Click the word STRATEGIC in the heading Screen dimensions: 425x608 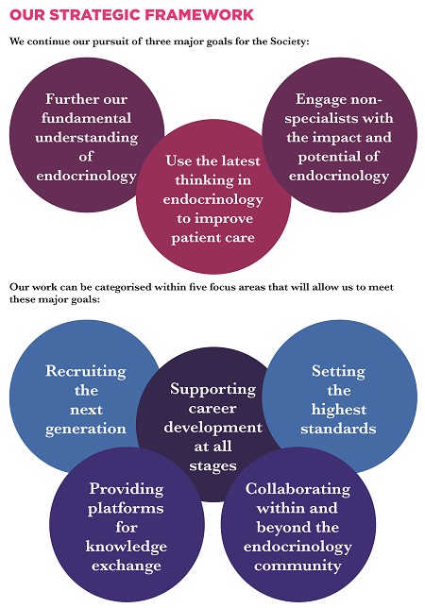pyautogui.click(x=94, y=15)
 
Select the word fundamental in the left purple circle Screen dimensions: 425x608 pyautogui.click(x=86, y=118)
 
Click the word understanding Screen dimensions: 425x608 pyautogui.click(x=86, y=139)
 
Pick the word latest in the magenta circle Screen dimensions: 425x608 pyautogui.click(x=239, y=160)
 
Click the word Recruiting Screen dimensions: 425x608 pyautogui.click(x=86, y=372)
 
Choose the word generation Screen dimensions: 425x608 pyautogui.click(x=86, y=430)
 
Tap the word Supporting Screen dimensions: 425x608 pyautogui.click(x=212, y=390)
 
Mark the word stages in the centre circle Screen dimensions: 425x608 pyautogui.click(x=212, y=466)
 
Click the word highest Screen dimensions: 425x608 pyautogui.click(x=338, y=411)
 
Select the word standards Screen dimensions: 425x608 pyautogui.click(x=338, y=429)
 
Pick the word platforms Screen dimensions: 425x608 pyautogui.click(x=126, y=509)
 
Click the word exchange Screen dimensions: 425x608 pyautogui.click(x=127, y=566)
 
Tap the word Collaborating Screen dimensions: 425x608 pyautogui.click(x=297, y=490)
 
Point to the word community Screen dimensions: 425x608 pyautogui.click(x=297, y=566)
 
